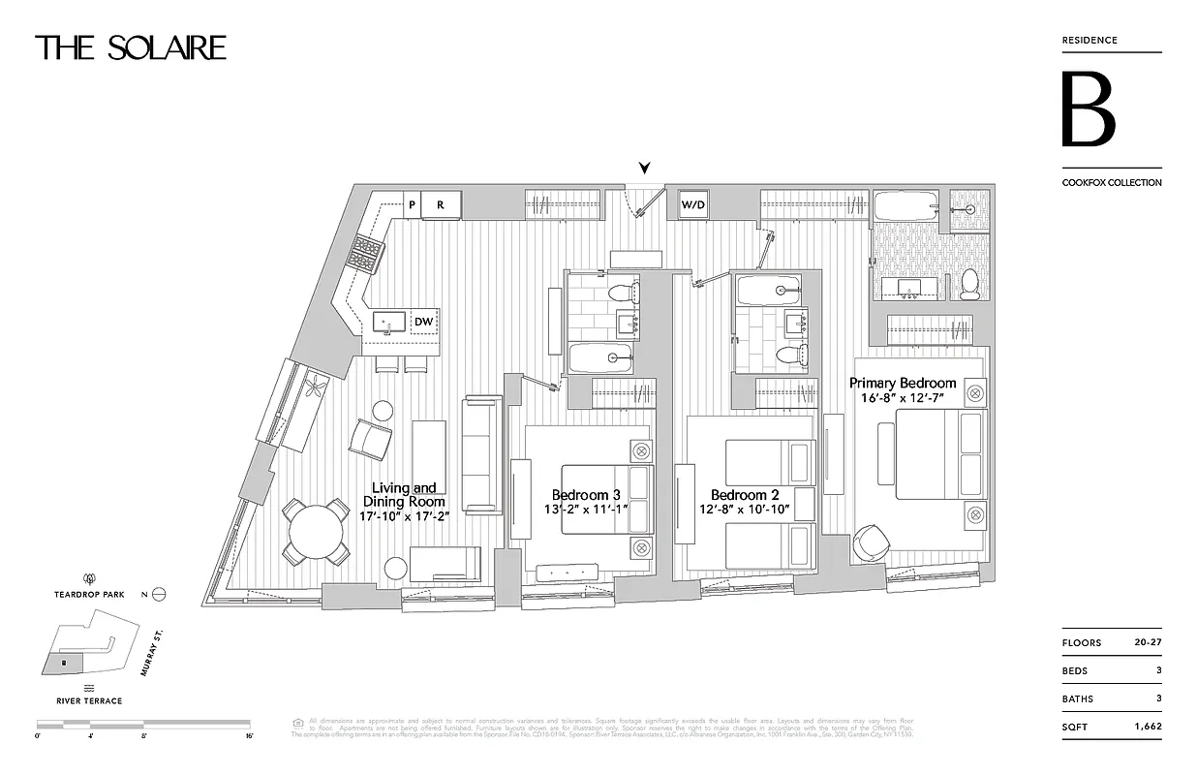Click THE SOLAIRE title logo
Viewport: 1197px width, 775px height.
coord(131,47)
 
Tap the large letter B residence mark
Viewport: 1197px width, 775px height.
coord(1088,109)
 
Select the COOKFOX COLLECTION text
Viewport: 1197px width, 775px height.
coord(1111,182)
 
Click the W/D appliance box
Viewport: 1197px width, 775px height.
coord(692,205)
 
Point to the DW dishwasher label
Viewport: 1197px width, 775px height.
coord(423,322)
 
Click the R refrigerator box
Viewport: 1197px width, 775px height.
coord(441,204)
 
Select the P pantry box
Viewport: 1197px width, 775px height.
coord(412,204)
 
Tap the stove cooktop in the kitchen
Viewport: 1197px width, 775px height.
coord(367,254)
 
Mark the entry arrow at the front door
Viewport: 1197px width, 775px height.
coord(644,169)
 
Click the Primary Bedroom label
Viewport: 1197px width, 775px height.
coord(903,383)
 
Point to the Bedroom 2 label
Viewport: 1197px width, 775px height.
coord(745,495)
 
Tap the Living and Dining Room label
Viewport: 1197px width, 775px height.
coord(404,494)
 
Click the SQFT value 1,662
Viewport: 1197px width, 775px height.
coord(1147,727)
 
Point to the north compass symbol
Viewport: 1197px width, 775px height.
coord(159,595)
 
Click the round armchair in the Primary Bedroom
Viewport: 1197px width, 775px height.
coord(869,543)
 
